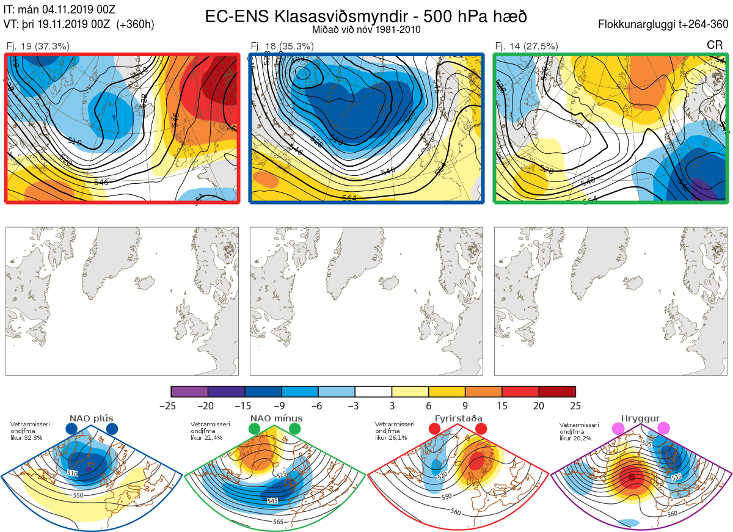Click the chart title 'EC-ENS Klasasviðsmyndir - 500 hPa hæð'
(366, 16)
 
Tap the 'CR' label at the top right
(715, 45)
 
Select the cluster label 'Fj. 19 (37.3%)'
(38, 46)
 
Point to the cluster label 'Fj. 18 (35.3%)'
(282, 46)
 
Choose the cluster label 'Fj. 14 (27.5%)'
(527, 46)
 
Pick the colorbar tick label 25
(575, 405)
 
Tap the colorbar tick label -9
(282, 405)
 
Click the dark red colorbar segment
(557, 392)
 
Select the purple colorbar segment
(189, 392)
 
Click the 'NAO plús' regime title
(91, 418)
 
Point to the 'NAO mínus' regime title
(276, 418)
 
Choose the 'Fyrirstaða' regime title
(458, 418)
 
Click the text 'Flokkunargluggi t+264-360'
(665, 24)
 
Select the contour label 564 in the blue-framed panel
(349, 198)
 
